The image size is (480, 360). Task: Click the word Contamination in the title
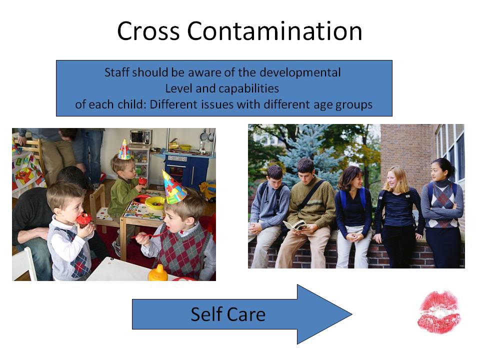click(274, 31)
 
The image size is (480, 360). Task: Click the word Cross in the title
click(148, 31)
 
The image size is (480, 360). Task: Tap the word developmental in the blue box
click(300, 73)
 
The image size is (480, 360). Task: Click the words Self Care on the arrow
click(228, 314)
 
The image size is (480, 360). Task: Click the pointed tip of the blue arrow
click(351, 314)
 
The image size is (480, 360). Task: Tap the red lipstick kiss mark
click(439, 312)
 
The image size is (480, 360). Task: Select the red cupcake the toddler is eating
click(84, 220)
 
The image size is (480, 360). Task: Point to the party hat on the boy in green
click(124, 149)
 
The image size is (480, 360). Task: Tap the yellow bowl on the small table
click(154, 203)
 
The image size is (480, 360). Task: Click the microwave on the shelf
click(141, 137)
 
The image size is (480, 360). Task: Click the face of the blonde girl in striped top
click(393, 180)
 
